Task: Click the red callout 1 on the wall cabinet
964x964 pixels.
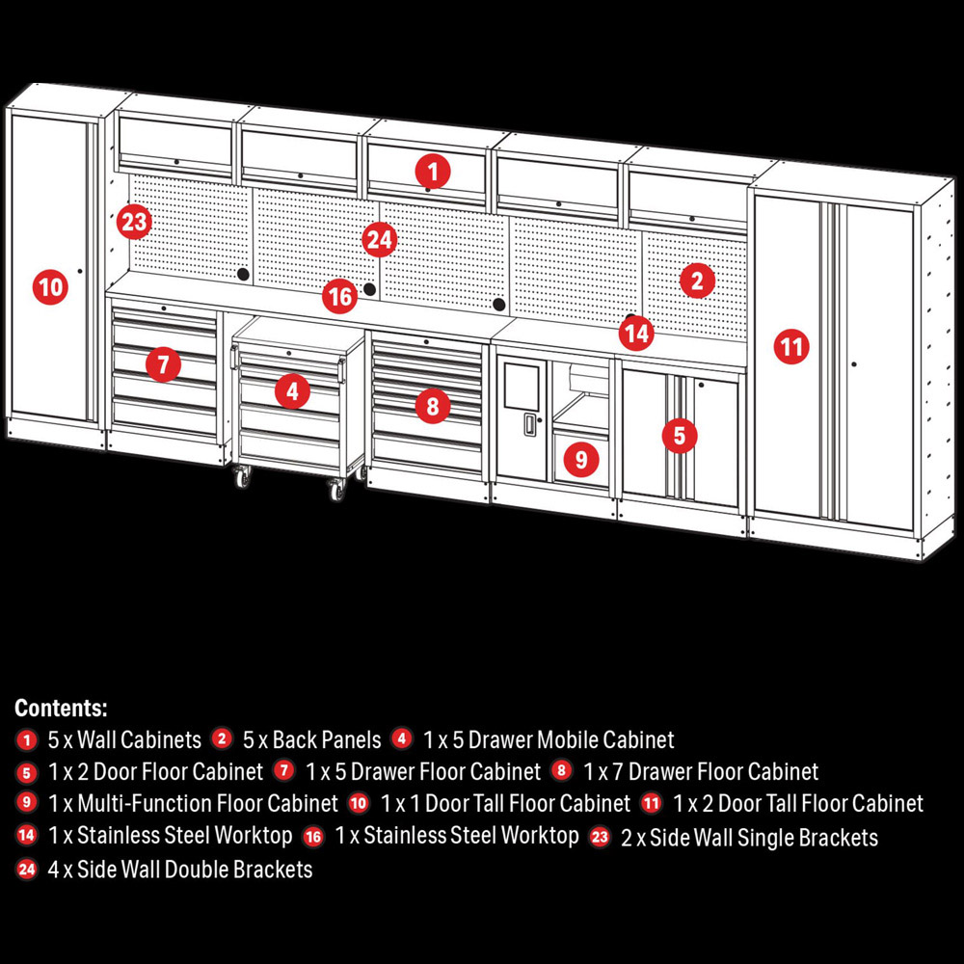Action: [x=433, y=172]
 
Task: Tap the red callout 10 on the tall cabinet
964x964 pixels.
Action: [x=50, y=287]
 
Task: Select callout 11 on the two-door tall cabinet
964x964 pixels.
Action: [x=791, y=347]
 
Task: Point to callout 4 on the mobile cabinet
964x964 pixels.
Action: [x=292, y=391]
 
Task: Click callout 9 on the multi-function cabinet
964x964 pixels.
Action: [x=581, y=459]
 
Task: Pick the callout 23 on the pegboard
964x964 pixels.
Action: [x=134, y=222]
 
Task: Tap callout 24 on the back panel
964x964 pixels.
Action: [x=379, y=240]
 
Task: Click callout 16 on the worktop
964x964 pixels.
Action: [x=340, y=296]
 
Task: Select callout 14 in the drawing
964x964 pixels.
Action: [x=636, y=334]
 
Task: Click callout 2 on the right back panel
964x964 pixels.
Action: [x=697, y=281]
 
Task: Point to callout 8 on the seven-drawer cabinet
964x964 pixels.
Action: [x=433, y=406]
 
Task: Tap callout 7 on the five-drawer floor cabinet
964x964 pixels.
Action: [x=163, y=364]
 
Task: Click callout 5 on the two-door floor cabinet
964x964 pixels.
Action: [x=680, y=436]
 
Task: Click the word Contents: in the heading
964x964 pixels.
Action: [x=61, y=708]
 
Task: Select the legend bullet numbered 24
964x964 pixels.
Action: [x=26, y=870]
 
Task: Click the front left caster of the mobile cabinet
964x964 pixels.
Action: [x=243, y=477]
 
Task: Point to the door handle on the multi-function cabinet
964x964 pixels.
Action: [x=529, y=424]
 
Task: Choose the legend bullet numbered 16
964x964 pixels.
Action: [x=313, y=837]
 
